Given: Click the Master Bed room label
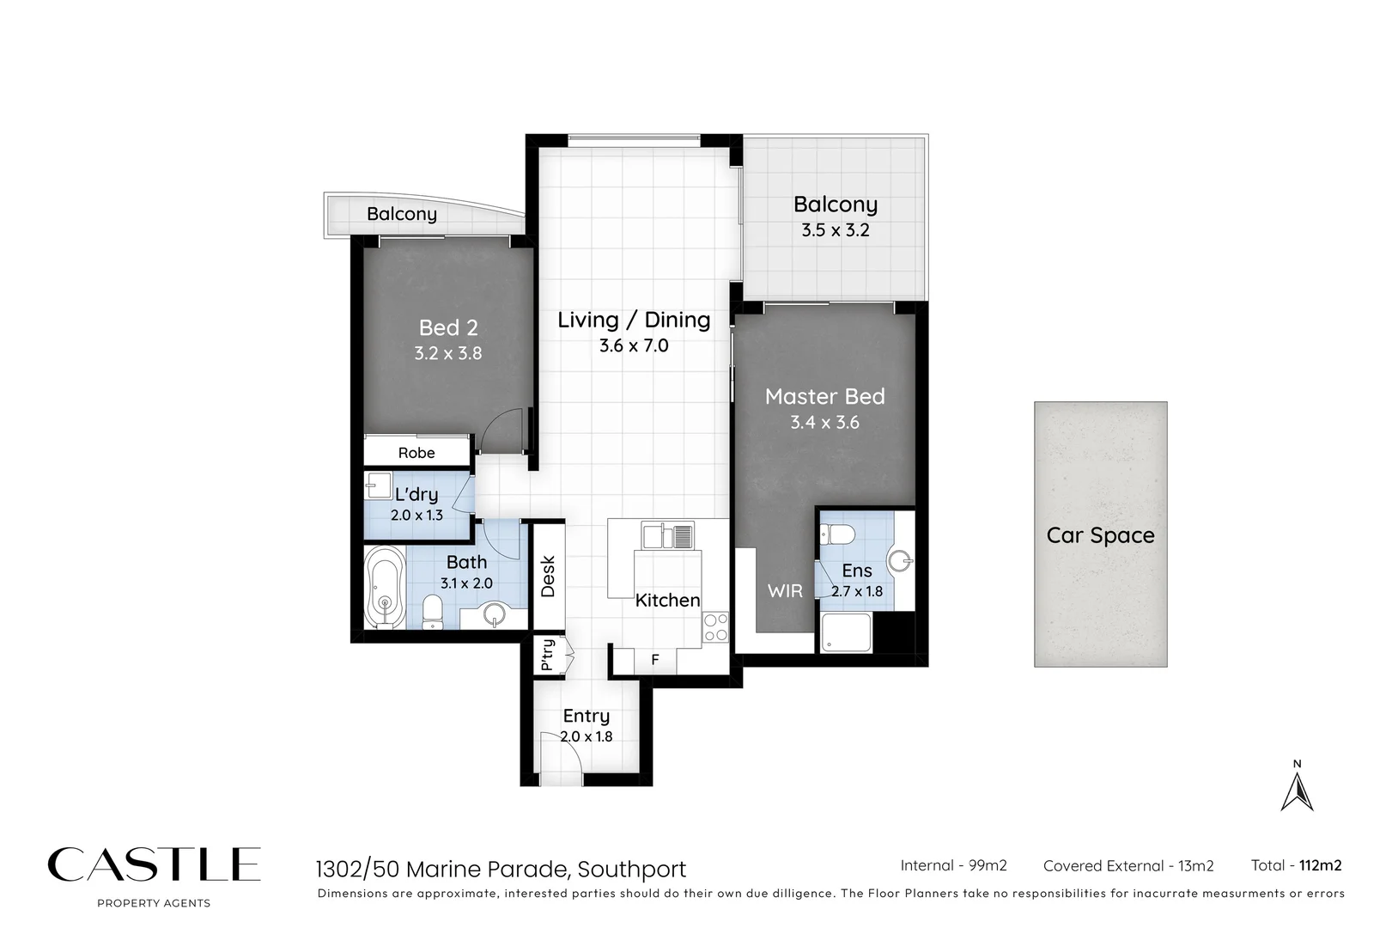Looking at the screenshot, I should click(824, 396).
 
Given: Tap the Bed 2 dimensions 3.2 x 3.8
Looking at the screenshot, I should click(447, 353).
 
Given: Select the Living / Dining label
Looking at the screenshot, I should click(634, 320).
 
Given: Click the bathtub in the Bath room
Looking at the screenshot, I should click(384, 589).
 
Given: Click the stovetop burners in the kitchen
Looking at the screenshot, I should click(715, 628).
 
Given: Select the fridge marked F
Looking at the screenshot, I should click(654, 660).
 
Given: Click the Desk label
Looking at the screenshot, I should click(548, 577).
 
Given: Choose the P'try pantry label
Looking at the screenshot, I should click(547, 655).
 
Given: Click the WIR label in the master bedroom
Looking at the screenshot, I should click(785, 590).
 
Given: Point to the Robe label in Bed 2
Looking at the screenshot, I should click(416, 453).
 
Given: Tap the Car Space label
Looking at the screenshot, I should click(1100, 535).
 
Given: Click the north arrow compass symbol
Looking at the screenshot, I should click(1297, 791).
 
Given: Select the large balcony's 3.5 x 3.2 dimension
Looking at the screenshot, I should click(835, 230).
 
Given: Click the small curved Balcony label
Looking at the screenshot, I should click(401, 214).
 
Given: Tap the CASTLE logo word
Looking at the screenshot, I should click(154, 864).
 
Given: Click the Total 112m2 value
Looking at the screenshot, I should click(1320, 865).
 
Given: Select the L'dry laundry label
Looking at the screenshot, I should click(416, 494).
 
